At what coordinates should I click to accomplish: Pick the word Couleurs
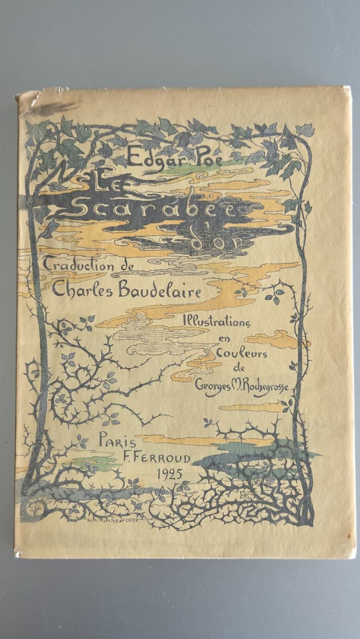point(242,354)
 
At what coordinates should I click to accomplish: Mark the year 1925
point(169,474)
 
